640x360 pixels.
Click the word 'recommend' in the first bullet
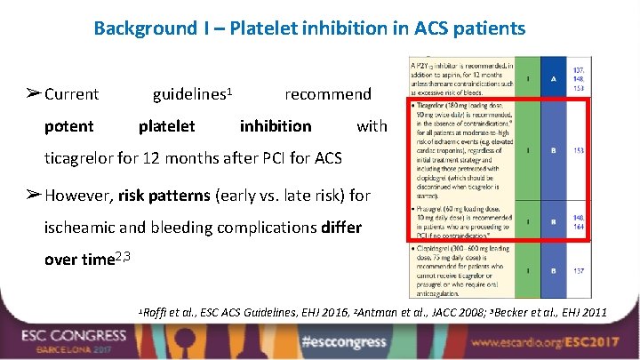tap(327, 94)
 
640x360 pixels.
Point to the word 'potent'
tap(68, 126)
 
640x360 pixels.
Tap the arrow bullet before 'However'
tap(32, 195)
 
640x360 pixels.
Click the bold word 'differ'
tap(340, 227)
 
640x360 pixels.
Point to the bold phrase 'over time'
tap(80, 260)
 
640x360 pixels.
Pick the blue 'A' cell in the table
tap(554, 77)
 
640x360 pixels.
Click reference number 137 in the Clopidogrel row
tap(578, 270)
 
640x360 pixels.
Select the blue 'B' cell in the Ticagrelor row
tap(554, 150)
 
